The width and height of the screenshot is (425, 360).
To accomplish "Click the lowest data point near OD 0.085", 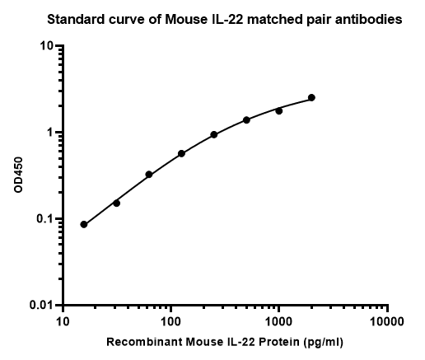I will tap(84, 224).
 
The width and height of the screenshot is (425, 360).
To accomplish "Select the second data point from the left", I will tap(116, 203).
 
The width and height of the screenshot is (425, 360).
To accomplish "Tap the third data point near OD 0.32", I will tap(149, 175).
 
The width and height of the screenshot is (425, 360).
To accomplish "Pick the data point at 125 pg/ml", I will tap(181, 153).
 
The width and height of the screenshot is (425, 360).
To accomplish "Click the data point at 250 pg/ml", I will tap(214, 134).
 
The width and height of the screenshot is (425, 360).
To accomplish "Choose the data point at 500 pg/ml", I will tap(246, 120).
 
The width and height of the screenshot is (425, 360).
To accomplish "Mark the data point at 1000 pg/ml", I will tap(279, 110).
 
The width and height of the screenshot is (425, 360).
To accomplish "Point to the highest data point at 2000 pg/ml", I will tap(311, 97).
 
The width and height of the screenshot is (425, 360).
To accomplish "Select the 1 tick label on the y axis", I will tap(52, 133).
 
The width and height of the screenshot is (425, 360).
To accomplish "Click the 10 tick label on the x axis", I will tap(63, 320).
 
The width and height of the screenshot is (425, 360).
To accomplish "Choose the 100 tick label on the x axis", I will tap(170, 320).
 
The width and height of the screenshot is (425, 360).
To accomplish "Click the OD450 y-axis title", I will tap(18, 175).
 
